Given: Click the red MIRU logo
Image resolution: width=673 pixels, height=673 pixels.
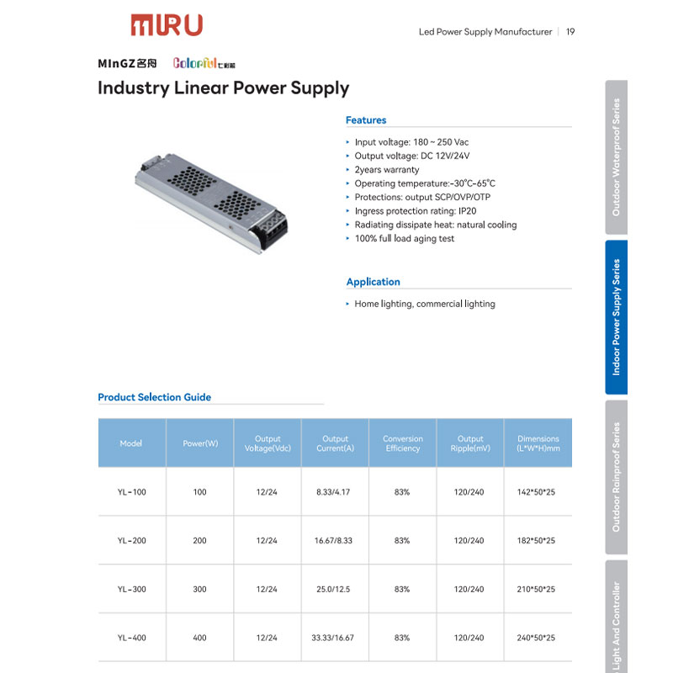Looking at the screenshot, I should point(166,25).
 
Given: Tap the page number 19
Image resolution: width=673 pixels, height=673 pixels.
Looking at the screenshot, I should point(570,32).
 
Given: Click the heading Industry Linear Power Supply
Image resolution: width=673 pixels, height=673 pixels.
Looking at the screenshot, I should point(223,87).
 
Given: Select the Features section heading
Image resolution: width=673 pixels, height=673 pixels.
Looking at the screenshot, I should point(366,120).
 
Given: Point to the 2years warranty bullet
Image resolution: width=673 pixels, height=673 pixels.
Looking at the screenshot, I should point(386,170).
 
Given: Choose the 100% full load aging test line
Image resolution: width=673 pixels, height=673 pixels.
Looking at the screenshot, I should point(404,239).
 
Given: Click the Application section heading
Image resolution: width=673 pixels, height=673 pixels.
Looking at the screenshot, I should point(373,282).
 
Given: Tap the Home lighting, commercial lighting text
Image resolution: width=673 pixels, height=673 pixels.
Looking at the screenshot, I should point(424,305).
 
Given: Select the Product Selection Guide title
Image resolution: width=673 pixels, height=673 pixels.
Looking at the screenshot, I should point(154,397).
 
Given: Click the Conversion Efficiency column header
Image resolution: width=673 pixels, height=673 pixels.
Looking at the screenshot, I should point(402,443).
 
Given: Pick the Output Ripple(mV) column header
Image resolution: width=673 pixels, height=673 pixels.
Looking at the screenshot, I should point(470,443).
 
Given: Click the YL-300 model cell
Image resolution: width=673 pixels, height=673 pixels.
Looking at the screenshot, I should point(132,590).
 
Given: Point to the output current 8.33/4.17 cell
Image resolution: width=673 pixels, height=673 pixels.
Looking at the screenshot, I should point(335,492).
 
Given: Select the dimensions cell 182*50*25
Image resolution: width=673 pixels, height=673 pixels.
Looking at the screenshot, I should point(536,541).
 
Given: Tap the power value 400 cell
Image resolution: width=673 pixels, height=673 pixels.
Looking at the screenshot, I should point(199,639).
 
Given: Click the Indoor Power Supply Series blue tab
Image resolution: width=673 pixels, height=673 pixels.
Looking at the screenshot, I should point(616,317).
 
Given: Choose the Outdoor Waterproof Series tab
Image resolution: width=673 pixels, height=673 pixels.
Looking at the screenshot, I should point(616,157).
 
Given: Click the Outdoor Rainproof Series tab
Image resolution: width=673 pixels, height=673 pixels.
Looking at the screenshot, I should point(616,477).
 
